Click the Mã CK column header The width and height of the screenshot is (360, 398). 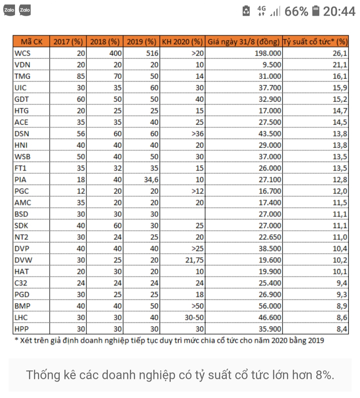point(31,42)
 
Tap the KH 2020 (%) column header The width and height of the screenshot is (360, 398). point(182,42)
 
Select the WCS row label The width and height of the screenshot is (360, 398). point(22,53)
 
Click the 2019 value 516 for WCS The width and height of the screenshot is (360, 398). point(152,53)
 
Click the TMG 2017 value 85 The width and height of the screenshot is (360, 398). point(81,76)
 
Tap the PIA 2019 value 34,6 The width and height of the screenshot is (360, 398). point(151,179)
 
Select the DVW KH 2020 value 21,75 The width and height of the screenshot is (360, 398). point(195,260)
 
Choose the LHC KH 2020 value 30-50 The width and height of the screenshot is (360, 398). point(194,317)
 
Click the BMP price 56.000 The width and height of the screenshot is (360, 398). point(270,306)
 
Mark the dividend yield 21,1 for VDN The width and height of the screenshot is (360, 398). point(340,65)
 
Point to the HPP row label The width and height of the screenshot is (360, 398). point(22,329)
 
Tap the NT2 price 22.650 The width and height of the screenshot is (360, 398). point(270,237)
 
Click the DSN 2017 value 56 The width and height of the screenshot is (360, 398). point(81,133)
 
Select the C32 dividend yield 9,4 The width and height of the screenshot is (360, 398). point(342,283)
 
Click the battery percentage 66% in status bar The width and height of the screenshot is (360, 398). point(296,12)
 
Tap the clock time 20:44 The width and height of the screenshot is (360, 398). point(339,12)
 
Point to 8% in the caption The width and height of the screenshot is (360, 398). point(324,375)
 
